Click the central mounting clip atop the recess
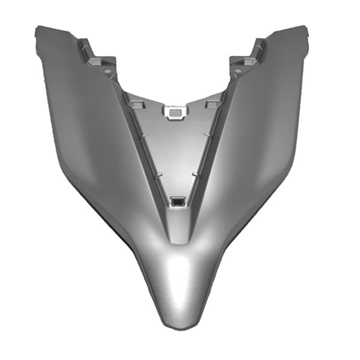click(x=176, y=112)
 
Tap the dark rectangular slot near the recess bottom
click(x=178, y=203)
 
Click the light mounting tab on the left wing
click(x=95, y=61)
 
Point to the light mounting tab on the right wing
click(x=250, y=61)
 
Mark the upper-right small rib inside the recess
click(x=206, y=137)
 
